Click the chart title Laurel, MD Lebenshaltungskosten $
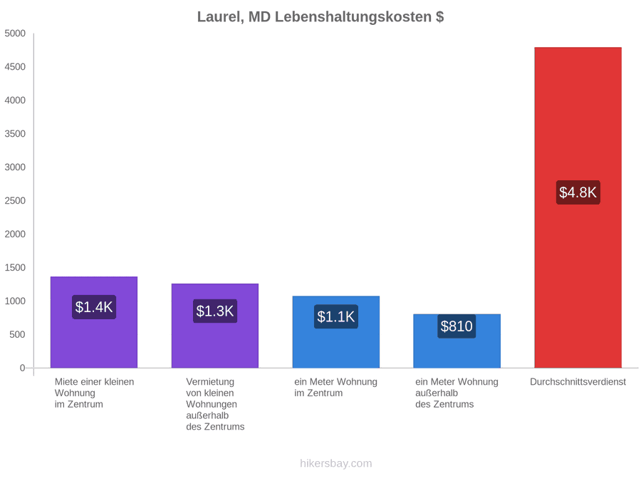[320, 17]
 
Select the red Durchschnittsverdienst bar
[578, 207]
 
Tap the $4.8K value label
[578, 192]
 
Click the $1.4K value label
[94, 306]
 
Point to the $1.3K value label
[215, 311]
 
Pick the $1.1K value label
[336, 316]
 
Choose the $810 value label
[457, 326]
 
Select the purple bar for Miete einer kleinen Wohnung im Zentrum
[94, 322]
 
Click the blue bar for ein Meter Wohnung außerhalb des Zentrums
[457, 341]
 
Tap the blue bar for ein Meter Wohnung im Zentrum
[336, 331]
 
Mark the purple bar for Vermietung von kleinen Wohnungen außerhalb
[215, 326]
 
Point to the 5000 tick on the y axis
[15, 33]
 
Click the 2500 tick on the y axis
[15, 200]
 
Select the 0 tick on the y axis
[23, 368]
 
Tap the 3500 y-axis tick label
[15, 134]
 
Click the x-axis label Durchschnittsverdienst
[578, 382]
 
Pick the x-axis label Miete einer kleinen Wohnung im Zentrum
[95, 393]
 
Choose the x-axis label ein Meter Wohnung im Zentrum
[335, 388]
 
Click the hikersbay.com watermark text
[336, 463]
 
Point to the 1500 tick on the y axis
[15, 267]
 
